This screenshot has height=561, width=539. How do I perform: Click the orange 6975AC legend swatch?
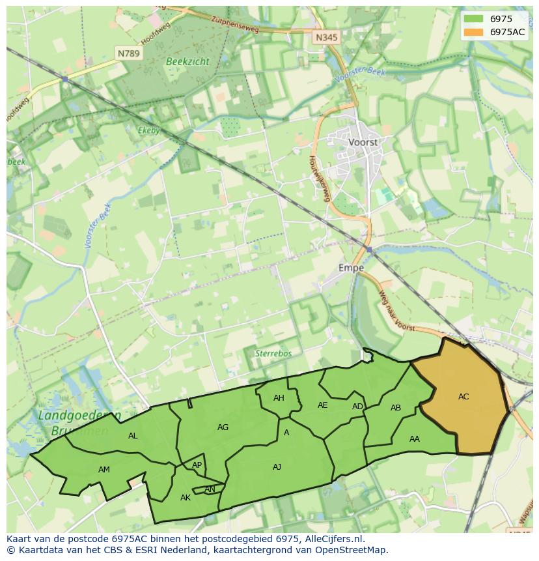pyautogui.click(x=474, y=32)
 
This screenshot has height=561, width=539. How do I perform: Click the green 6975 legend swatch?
pyautogui.click(x=474, y=19)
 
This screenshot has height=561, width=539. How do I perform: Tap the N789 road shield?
pyautogui.click(x=128, y=53)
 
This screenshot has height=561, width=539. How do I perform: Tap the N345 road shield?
pyautogui.click(x=326, y=38)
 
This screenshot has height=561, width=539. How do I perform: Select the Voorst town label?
pyautogui.click(x=363, y=141)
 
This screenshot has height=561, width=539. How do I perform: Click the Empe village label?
pyautogui.click(x=351, y=267)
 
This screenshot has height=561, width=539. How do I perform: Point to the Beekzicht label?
pyautogui.click(x=187, y=61)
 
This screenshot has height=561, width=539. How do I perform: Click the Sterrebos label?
pyautogui.click(x=273, y=353)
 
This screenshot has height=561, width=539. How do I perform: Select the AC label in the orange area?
pyautogui.click(x=463, y=396)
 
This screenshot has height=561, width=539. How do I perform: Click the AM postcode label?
pyautogui.click(x=104, y=469)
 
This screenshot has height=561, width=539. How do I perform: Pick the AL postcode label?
pyautogui.click(x=133, y=435)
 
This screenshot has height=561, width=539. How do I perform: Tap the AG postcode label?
pyautogui.click(x=223, y=427)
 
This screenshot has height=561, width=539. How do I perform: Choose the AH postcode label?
pyautogui.click(x=279, y=398)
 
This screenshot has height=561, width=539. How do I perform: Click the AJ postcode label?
pyautogui.click(x=277, y=467)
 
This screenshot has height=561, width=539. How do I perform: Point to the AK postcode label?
pyautogui.click(x=186, y=497)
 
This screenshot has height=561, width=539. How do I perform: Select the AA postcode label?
pyautogui.click(x=415, y=439)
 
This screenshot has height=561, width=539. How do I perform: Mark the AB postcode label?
pyautogui.click(x=396, y=408)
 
